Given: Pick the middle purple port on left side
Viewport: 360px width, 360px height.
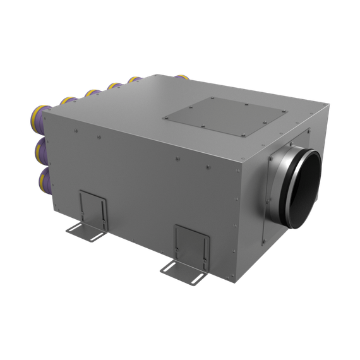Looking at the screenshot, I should point(39,150).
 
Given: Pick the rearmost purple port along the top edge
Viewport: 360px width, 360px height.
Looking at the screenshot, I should point(134,80).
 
